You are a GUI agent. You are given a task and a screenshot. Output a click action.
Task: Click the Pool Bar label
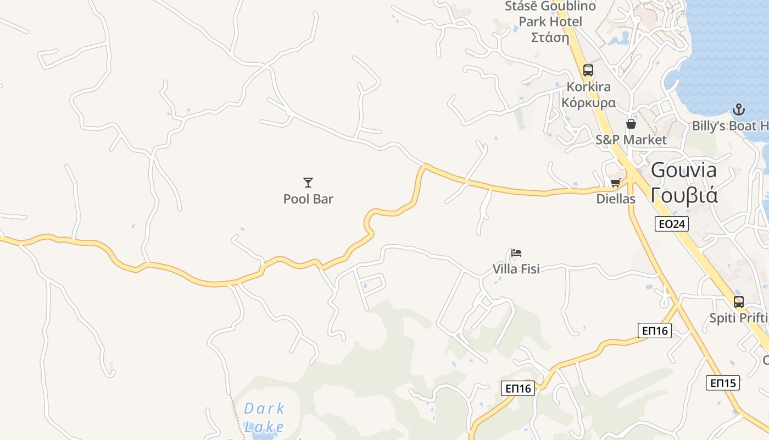(x=308, y=199)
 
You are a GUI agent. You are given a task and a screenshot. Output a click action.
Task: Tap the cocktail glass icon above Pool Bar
(x=308, y=182)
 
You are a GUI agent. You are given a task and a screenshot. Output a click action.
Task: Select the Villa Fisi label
(x=516, y=269)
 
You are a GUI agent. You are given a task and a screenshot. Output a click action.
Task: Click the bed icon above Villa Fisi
(x=516, y=253)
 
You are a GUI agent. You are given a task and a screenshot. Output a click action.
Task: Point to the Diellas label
(x=616, y=199)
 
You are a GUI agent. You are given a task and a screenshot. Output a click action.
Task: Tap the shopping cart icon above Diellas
(x=615, y=183)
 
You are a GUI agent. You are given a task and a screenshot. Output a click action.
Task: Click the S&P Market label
(x=631, y=140)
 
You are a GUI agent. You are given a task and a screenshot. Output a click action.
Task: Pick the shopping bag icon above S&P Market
(x=631, y=124)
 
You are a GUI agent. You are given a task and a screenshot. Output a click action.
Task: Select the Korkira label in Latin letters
(x=588, y=87)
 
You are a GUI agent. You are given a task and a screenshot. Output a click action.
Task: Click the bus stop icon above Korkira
(x=588, y=70)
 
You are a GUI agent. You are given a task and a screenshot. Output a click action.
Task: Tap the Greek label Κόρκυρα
(x=588, y=103)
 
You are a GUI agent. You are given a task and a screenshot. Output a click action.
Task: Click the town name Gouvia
(x=684, y=170)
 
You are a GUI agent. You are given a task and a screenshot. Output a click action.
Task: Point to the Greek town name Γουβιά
(x=684, y=195)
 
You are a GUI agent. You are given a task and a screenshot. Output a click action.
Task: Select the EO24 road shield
(x=672, y=224)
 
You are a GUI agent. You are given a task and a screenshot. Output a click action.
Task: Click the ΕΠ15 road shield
(x=723, y=383)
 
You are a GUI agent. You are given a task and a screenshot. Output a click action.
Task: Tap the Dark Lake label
(x=264, y=417)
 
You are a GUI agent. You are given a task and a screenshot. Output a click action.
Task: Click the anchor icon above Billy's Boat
(x=739, y=109)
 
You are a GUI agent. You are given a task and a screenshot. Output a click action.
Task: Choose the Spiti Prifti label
(x=739, y=318)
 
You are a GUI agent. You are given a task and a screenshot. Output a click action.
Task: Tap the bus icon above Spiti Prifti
(x=739, y=302)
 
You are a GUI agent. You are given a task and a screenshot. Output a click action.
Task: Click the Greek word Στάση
(x=550, y=37)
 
